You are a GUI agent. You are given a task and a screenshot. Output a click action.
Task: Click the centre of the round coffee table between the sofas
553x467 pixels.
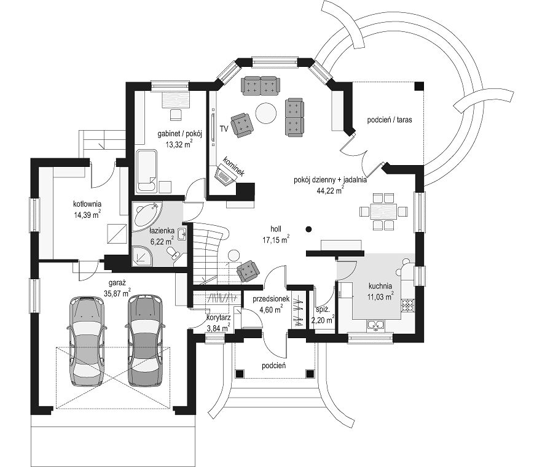[x=266, y=113]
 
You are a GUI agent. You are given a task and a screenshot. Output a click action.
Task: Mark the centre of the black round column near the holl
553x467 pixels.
[x=308, y=230]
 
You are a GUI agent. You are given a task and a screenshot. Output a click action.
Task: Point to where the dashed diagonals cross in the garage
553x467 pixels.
[x=113, y=378]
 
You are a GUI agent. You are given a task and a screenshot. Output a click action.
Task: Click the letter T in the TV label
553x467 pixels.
[x=222, y=128]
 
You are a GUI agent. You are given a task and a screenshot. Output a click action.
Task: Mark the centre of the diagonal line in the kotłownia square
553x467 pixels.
[x=117, y=234]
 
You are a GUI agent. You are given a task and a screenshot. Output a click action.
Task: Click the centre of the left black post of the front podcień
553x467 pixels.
[x=240, y=373]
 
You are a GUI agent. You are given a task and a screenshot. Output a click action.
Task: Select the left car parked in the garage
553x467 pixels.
[x=87, y=341]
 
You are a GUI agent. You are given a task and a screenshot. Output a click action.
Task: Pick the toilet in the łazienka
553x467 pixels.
[x=173, y=253]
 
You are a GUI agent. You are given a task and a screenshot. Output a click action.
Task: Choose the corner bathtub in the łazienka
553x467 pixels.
[x=147, y=214]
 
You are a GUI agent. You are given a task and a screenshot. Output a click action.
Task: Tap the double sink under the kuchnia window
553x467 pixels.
[x=375, y=325]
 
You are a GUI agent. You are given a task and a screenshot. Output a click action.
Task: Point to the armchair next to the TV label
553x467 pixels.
[x=242, y=125]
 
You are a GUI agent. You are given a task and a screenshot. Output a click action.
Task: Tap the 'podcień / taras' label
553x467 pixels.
[x=390, y=120]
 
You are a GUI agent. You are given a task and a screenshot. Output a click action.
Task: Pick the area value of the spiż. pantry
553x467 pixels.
[x=323, y=320]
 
